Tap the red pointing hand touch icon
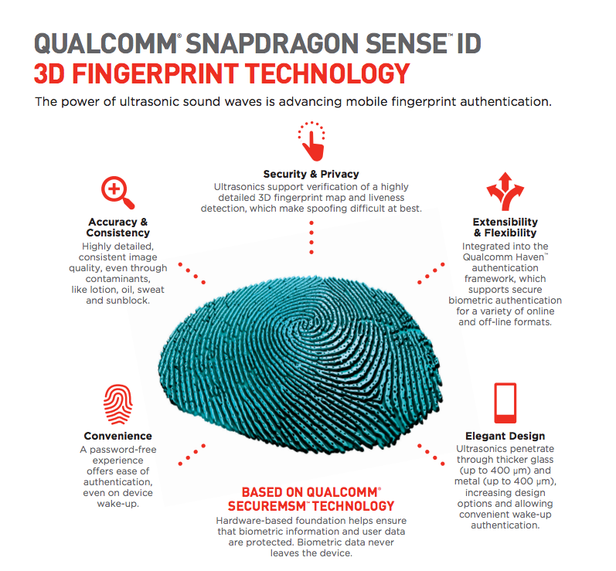point(311,140)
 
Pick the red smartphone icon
point(505,402)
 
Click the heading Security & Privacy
point(311,174)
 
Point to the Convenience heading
point(117,436)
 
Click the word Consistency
point(117,233)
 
